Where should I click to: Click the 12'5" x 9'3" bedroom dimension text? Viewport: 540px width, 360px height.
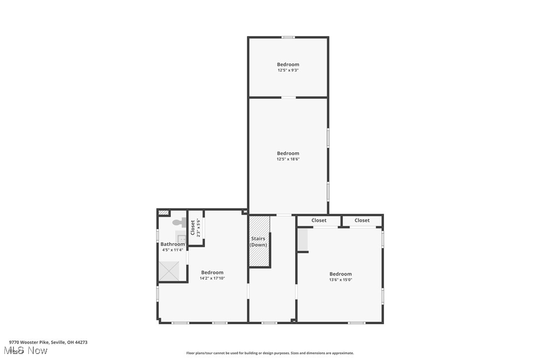pos(288,71)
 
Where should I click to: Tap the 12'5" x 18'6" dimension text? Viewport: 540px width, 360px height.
pos(288,160)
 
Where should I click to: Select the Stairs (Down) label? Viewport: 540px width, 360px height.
pos(258,242)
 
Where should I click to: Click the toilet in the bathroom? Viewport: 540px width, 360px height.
pos(179,222)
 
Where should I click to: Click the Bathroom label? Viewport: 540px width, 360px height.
pos(173,244)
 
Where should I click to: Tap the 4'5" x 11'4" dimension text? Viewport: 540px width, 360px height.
pos(173,250)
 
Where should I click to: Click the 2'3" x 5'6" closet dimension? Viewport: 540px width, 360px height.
pos(198,228)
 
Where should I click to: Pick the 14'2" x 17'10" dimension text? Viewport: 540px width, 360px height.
pos(212,278)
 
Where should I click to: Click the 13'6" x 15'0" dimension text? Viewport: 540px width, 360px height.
pos(341,280)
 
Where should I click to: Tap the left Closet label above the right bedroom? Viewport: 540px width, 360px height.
pos(319,220)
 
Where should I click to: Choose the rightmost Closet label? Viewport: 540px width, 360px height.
pos(362,220)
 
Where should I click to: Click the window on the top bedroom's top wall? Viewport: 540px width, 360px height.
pos(288,37)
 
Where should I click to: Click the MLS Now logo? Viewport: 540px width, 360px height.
pos(28,351)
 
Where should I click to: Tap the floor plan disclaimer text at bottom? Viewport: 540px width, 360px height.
pos(270,353)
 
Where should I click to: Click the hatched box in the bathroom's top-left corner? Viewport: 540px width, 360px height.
pos(163,213)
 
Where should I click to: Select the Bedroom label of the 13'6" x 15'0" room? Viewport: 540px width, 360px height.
pos(341,274)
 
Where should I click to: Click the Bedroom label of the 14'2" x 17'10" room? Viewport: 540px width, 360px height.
pos(212,272)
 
